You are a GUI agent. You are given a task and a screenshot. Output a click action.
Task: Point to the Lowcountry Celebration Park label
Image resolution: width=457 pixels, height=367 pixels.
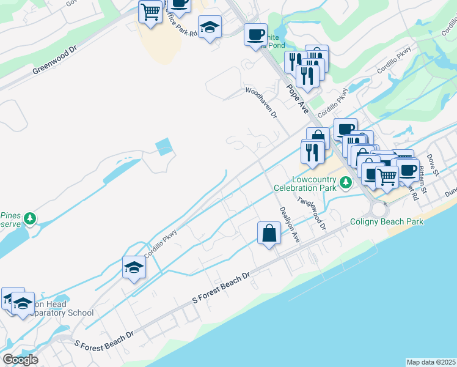pos(314,183)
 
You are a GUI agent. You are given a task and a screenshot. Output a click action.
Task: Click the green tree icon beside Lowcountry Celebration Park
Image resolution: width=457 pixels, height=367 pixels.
pos(345,182)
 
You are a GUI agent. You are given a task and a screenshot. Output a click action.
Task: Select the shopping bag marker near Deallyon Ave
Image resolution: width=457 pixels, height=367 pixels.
pos(269,233)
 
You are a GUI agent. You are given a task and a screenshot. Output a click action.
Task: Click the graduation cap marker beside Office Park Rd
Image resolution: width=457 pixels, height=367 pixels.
pos(210,27)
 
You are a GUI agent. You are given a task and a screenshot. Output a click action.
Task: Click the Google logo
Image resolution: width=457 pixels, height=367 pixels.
pos(20,359)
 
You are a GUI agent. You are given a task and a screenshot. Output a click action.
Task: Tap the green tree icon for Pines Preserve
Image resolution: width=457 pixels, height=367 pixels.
pos(29,218)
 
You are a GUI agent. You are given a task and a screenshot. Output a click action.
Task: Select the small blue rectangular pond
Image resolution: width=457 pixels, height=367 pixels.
pos(164,147)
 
